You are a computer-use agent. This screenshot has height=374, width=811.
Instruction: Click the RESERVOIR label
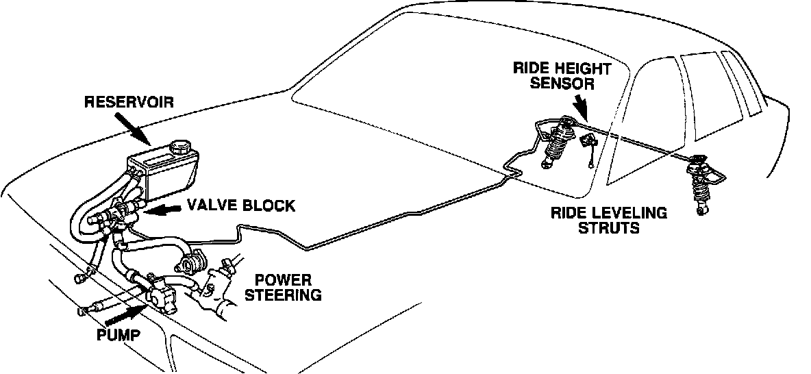(x=129, y=103)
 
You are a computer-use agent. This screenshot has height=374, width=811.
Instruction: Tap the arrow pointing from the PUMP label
(x=124, y=314)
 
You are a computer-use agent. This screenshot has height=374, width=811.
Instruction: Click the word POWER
(x=283, y=281)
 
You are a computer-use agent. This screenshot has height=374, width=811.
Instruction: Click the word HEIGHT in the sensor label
(x=589, y=68)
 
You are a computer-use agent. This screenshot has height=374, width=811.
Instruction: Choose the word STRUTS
(x=609, y=227)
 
